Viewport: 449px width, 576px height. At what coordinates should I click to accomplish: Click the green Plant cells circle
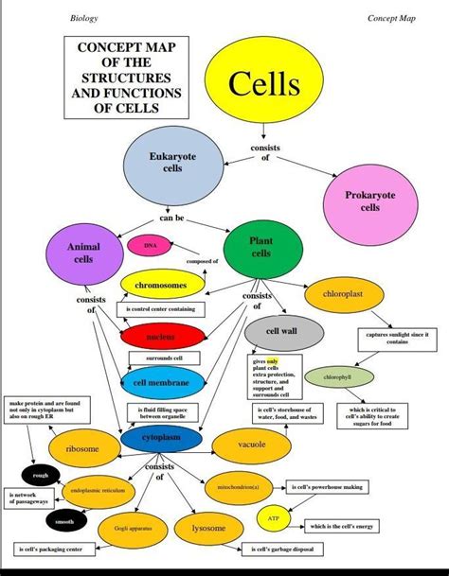pyautogui.click(x=260, y=248)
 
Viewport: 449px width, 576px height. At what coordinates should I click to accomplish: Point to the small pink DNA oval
pyautogui.click(x=149, y=246)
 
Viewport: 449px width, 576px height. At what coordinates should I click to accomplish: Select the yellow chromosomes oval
pyautogui.click(x=162, y=285)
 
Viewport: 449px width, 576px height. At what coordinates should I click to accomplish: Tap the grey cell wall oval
pyautogui.click(x=283, y=332)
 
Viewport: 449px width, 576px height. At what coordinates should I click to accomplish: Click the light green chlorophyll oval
pyautogui.click(x=336, y=377)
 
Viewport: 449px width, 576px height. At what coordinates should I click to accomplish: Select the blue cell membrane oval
pyautogui.click(x=162, y=383)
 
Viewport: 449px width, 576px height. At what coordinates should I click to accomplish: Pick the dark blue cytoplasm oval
pyautogui.click(x=162, y=439)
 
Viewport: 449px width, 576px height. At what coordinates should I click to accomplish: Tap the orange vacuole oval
pyautogui.click(x=252, y=444)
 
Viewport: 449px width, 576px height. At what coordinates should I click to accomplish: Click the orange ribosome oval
pyautogui.click(x=81, y=448)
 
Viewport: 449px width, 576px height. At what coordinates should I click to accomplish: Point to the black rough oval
pyautogui.click(x=40, y=476)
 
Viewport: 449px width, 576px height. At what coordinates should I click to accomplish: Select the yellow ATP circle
pyautogui.click(x=273, y=519)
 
